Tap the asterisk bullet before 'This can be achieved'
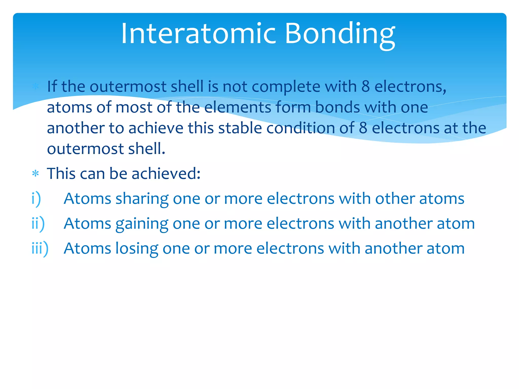[x=35, y=174]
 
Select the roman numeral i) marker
[x=36, y=199]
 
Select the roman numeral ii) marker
[x=38, y=224]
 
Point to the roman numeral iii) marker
[x=40, y=248]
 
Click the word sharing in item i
[x=142, y=199]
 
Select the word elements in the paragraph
[x=237, y=107]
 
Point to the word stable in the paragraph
[x=240, y=128]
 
